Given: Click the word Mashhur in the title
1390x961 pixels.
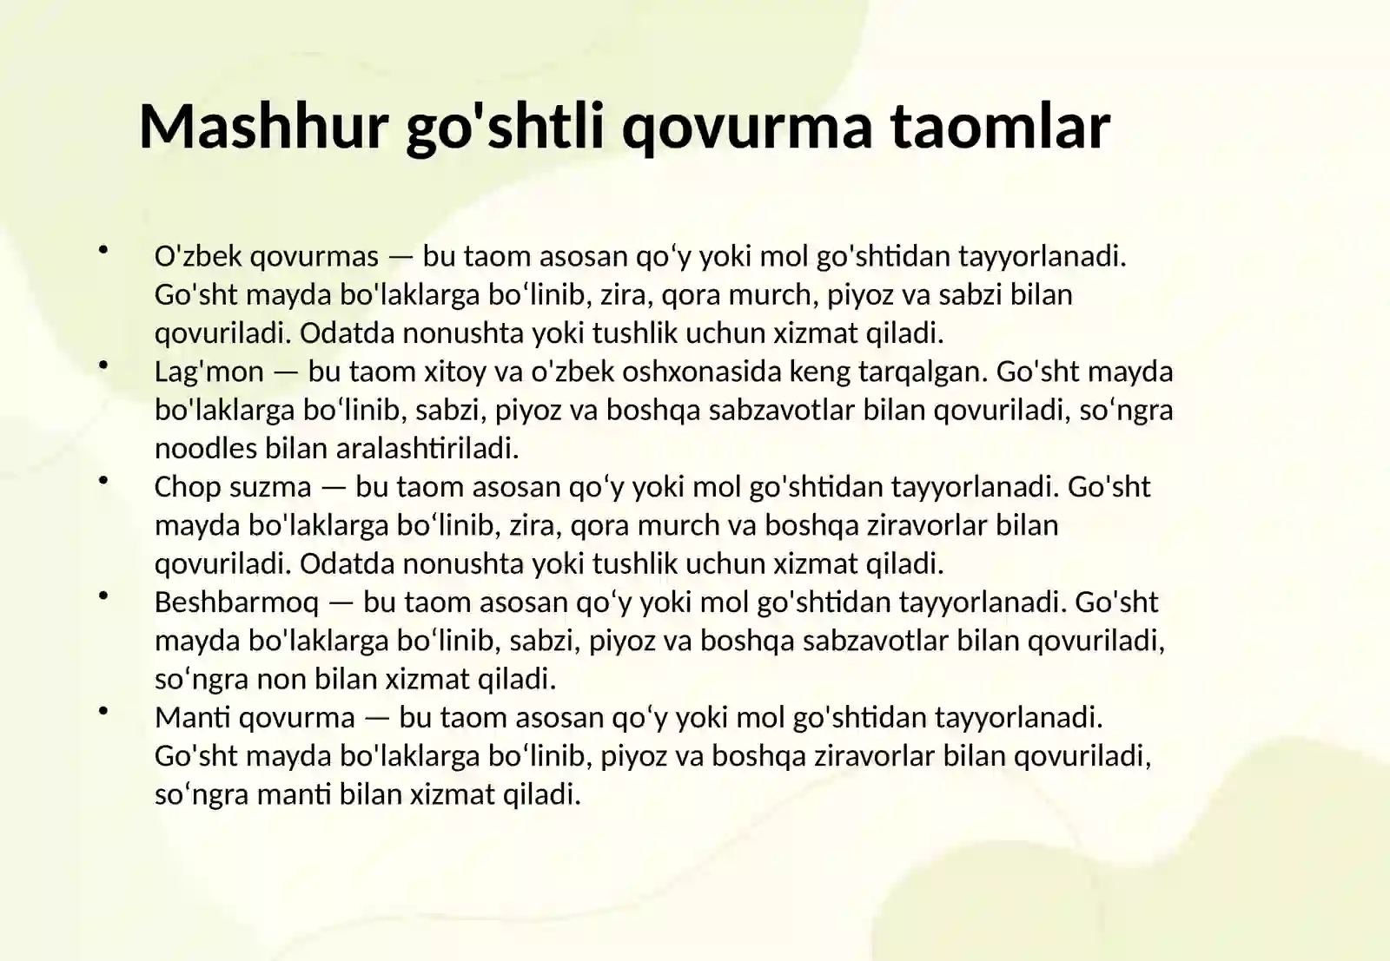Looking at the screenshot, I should click(x=263, y=126).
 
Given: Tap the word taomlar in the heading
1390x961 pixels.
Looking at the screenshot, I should click(x=1000, y=126).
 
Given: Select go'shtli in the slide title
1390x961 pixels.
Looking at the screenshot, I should click(x=505, y=126).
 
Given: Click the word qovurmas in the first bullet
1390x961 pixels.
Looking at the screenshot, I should click(x=314, y=257).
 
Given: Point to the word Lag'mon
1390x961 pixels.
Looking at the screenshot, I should click(x=208, y=372).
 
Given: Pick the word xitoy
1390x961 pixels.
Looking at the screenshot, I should click(x=454, y=372).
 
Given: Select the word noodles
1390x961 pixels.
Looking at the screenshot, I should click(x=206, y=449).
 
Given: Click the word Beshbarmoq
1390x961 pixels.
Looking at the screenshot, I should click(x=236, y=602).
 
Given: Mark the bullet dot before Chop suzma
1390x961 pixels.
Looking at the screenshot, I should click(x=103, y=480).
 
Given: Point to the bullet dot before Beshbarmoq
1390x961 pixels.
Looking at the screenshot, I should click(x=103, y=596).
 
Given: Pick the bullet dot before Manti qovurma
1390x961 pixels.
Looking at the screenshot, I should click(x=103, y=711).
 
